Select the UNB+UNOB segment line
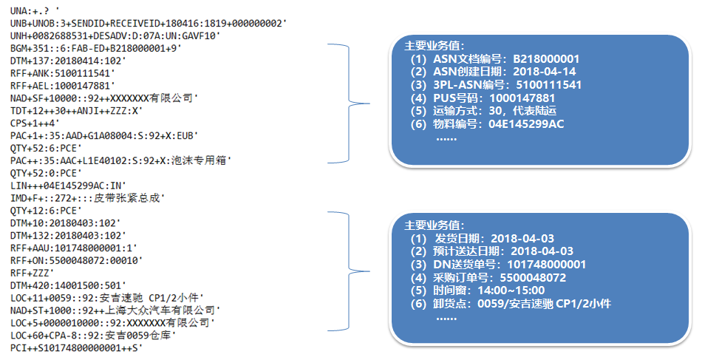coord(148,23)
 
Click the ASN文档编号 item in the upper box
coord(496,59)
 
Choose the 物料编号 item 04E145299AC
coord(488,123)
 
